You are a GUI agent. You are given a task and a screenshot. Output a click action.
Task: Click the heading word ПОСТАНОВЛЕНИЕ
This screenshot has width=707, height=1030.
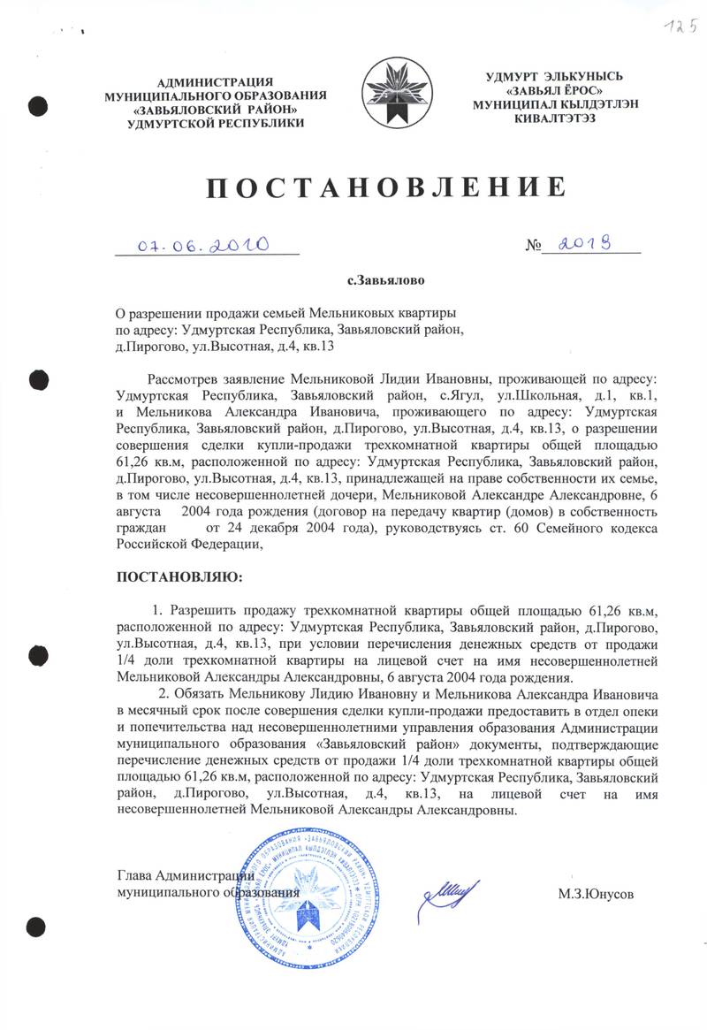click(x=384, y=187)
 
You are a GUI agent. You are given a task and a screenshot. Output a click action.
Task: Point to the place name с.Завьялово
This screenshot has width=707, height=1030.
click(x=386, y=281)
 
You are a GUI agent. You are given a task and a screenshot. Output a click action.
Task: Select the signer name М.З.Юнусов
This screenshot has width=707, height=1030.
click(x=596, y=894)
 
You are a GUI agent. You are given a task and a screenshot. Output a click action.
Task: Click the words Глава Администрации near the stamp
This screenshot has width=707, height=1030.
click(x=186, y=876)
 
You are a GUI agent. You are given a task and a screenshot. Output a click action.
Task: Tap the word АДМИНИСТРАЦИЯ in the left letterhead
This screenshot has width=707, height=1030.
click(x=215, y=81)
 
